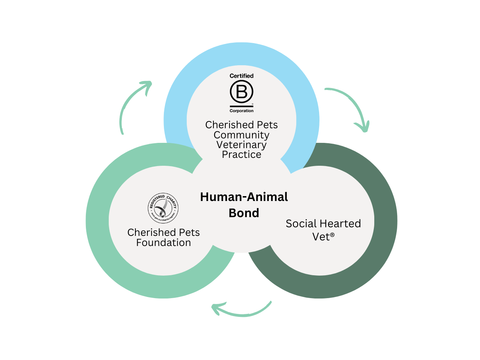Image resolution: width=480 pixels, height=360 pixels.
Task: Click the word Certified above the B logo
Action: [x=241, y=76]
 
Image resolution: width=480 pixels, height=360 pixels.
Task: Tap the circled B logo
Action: [x=241, y=91]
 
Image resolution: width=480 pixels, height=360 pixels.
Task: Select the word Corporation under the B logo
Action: [x=241, y=111]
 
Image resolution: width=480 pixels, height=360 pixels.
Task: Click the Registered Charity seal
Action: [x=163, y=208]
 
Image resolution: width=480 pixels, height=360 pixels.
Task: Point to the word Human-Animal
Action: [x=244, y=197]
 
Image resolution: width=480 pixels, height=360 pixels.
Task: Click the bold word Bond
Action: [x=244, y=213]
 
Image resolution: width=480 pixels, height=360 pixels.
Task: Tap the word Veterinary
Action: [x=241, y=145]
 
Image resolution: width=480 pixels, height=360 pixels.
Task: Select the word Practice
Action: [x=241, y=154]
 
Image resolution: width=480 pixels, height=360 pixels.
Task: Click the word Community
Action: [x=241, y=135]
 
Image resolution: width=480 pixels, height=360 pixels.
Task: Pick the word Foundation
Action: [x=163, y=243]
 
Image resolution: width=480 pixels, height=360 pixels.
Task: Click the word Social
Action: [x=301, y=223]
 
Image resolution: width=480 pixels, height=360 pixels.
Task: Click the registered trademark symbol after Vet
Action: [x=332, y=235]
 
